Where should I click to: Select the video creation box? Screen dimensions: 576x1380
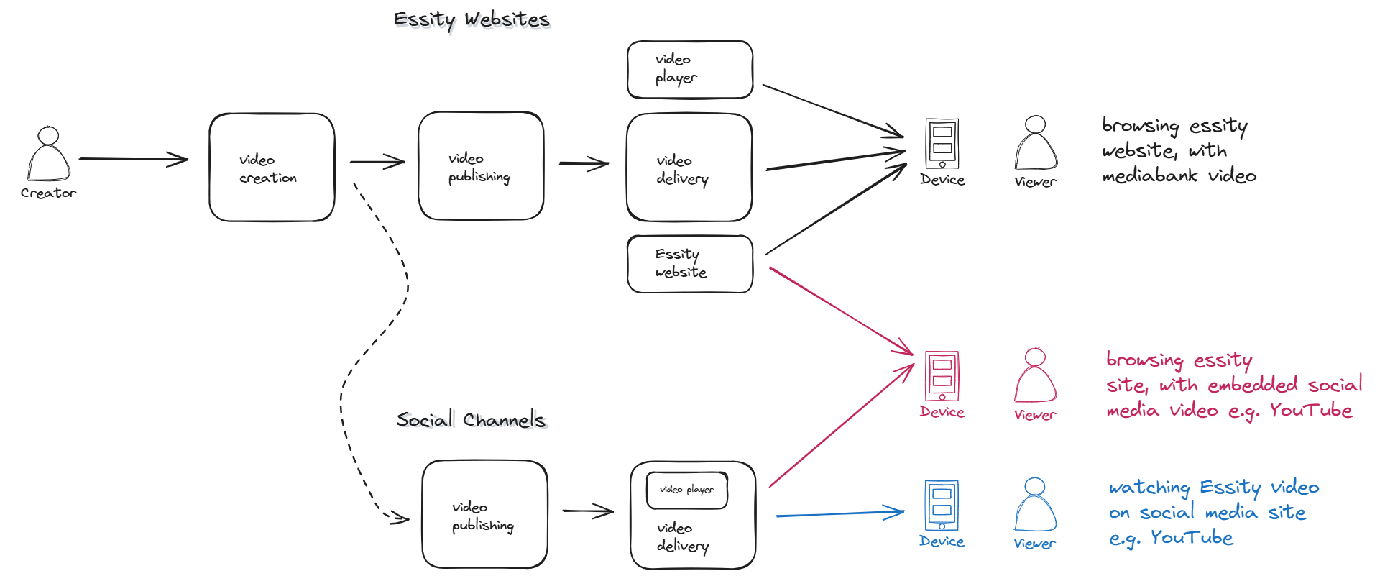click(x=272, y=168)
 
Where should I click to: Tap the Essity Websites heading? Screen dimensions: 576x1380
click(x=471, y=19)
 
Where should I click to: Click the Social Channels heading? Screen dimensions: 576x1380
click(x=471, y=419)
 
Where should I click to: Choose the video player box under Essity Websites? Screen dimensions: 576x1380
click(x=689, y=69)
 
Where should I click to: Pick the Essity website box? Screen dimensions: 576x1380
click(x=689, y=264)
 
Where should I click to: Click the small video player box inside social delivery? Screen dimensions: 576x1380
click(x=686, y=490)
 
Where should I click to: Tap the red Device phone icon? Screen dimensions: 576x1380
click(x=942, y=376)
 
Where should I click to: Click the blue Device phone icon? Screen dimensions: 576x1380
click(x=942, y=505)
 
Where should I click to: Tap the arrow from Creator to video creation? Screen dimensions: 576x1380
click(x=133, y=159)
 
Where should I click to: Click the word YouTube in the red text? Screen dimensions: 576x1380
click(x=1310, y=410)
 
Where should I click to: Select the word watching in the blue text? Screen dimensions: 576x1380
click(x=1149, y=488)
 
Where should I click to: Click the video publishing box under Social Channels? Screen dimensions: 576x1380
click(x=484, y=515)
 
